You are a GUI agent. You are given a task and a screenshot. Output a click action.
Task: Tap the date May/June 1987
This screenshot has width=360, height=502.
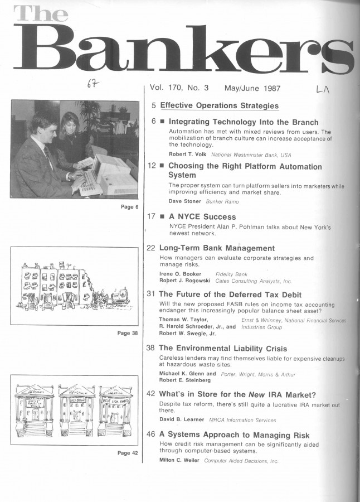click(252, 88)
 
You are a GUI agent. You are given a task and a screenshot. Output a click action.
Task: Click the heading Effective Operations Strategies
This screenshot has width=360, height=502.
click(219, 105)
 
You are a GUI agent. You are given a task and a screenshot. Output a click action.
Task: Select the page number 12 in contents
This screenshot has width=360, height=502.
click(152, 166)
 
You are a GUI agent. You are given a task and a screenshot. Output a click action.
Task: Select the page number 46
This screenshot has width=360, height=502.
click(152, 435)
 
